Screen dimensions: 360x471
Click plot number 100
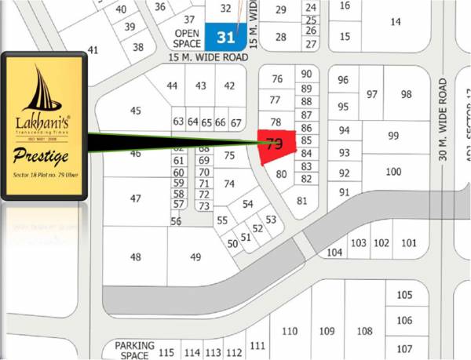pos(393,172)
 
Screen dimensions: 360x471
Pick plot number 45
pos(136,111)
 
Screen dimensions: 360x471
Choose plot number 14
pos(395,22)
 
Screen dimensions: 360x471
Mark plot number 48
pos(136,257)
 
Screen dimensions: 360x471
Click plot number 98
pos(406,94)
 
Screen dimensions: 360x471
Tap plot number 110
pos(290,330)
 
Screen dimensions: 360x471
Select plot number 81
pos(301,200)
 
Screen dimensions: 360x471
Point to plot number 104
pos(335,253)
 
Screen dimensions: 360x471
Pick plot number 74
pos(229,184)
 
